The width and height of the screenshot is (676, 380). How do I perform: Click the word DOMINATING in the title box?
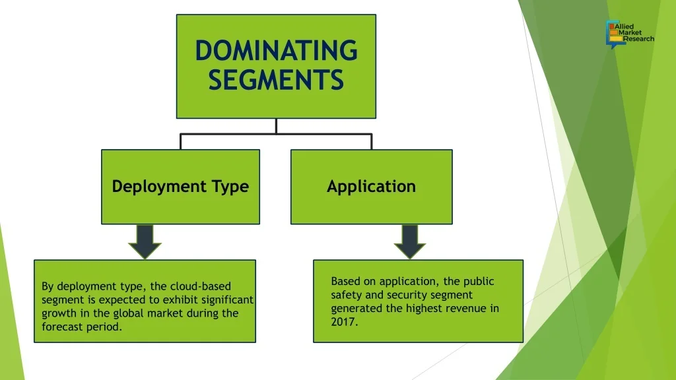277,50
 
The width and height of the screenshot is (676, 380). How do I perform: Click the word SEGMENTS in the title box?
276,80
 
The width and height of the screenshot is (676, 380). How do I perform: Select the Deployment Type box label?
180,187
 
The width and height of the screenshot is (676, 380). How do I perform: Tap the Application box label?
371,187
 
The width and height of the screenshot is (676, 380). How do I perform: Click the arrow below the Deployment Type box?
145,241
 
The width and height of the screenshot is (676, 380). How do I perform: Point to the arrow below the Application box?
409,241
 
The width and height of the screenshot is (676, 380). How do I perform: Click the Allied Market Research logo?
630,34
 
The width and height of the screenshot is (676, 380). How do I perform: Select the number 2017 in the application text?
344,322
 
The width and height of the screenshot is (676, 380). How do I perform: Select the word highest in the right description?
424,309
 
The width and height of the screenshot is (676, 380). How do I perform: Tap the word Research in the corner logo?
638,39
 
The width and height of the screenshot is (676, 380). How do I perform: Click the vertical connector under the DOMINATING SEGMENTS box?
276,126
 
